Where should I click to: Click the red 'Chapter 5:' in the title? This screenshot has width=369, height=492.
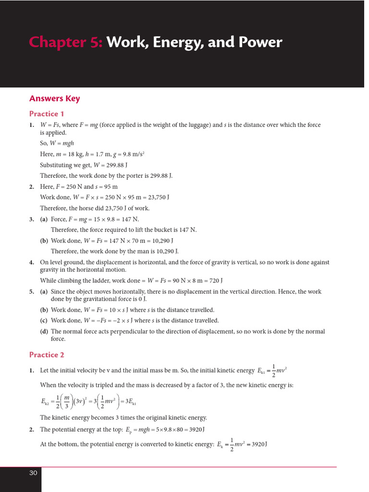pos(66,43)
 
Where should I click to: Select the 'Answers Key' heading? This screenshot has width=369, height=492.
pos(54,98)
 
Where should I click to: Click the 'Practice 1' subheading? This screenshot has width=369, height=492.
pos(47,114)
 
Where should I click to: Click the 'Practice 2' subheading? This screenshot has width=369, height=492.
pos(47,355)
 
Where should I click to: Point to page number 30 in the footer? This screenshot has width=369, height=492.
pos(33,473)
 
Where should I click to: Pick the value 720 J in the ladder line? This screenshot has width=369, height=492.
pos(214,281)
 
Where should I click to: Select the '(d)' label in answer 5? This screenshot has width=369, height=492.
pos(44,332)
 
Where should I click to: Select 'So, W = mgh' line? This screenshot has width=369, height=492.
pos(57,143)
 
